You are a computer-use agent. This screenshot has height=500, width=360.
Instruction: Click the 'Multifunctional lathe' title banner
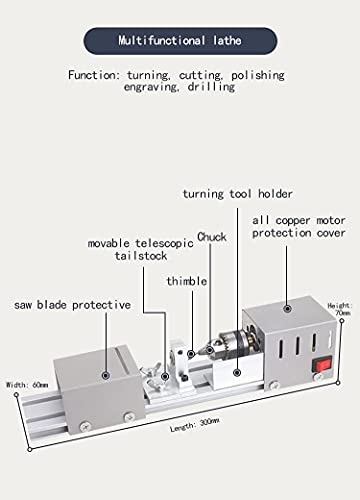click(180, 42)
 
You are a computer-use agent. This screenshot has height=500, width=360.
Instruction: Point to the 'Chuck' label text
click(211, 236)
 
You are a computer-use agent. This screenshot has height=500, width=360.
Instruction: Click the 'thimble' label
click(186, 281)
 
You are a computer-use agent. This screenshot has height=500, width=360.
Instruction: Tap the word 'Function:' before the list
click(99, 75)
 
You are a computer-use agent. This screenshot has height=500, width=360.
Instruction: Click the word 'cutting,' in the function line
click(205, 75)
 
